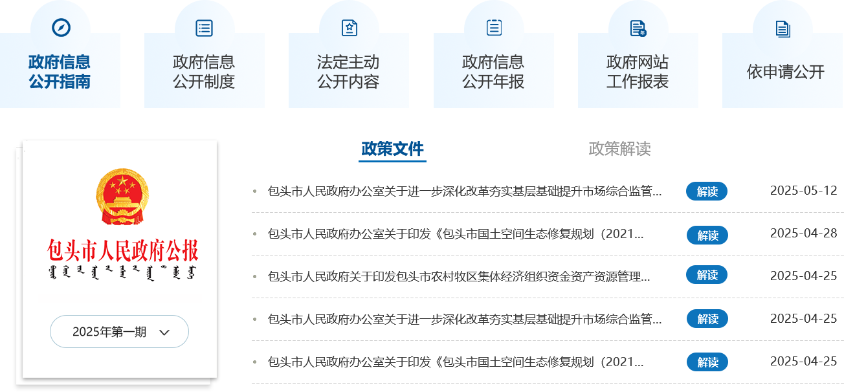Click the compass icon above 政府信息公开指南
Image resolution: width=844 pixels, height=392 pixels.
click(x=60, y=28)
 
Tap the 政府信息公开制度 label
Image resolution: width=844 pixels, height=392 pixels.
click(x=204, y=72)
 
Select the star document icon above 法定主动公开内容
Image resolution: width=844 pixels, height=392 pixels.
click(x=349, y=28)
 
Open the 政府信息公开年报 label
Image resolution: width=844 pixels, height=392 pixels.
click(x=493, y=72)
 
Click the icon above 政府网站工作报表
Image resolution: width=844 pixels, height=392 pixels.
click(x=638, y=28)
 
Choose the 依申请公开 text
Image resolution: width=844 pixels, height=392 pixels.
click(x=785, y=72)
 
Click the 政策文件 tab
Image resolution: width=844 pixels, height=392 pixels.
click(x=393, y=149)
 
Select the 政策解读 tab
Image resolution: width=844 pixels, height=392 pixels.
click(x=619, y=149)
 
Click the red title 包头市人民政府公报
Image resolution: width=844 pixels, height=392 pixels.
click(x=122, y=250)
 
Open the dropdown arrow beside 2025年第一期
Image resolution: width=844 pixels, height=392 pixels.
click(x=164, y=332)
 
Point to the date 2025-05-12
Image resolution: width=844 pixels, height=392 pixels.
click(x=803, y=191)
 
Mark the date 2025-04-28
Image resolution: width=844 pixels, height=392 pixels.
click(x=803, y=234)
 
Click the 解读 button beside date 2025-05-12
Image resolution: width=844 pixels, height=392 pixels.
click(x=707, y=191)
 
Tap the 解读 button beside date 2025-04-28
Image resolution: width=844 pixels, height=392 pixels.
click(x=707, y=235)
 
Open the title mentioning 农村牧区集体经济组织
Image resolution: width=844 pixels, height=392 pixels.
click(x=459, y=277)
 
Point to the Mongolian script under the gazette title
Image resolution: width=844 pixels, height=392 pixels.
click(x=122, y=271)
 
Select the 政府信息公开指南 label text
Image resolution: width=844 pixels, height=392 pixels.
click(x=60, y=72)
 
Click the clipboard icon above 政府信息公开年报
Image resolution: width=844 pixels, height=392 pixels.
click(x=494, y=27)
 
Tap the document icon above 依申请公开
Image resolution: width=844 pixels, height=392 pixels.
click(x=783, y=28)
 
